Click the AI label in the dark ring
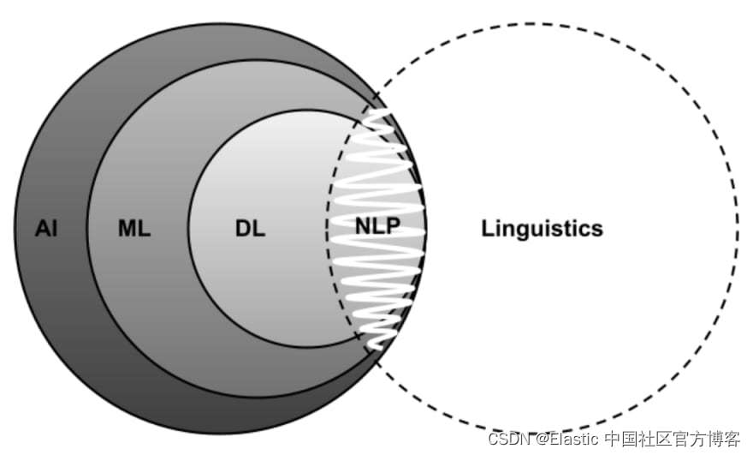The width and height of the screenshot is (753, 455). tap(46, 229)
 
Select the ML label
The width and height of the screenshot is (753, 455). tap(133, 229)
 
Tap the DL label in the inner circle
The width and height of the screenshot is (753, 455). tap(250, 229)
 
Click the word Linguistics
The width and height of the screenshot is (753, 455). tap(542, 229)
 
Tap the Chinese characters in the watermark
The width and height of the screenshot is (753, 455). tap(673, 439)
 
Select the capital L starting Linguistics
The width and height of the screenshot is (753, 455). tap(488, 229)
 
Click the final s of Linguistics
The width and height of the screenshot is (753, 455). tap(597, 230)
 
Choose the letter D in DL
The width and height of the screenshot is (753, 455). tap(243, 229)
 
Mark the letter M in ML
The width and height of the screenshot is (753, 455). tap(126, 229)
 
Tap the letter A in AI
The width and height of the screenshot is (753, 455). tap(42, 229)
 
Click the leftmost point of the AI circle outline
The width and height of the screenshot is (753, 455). tap(15, 229)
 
